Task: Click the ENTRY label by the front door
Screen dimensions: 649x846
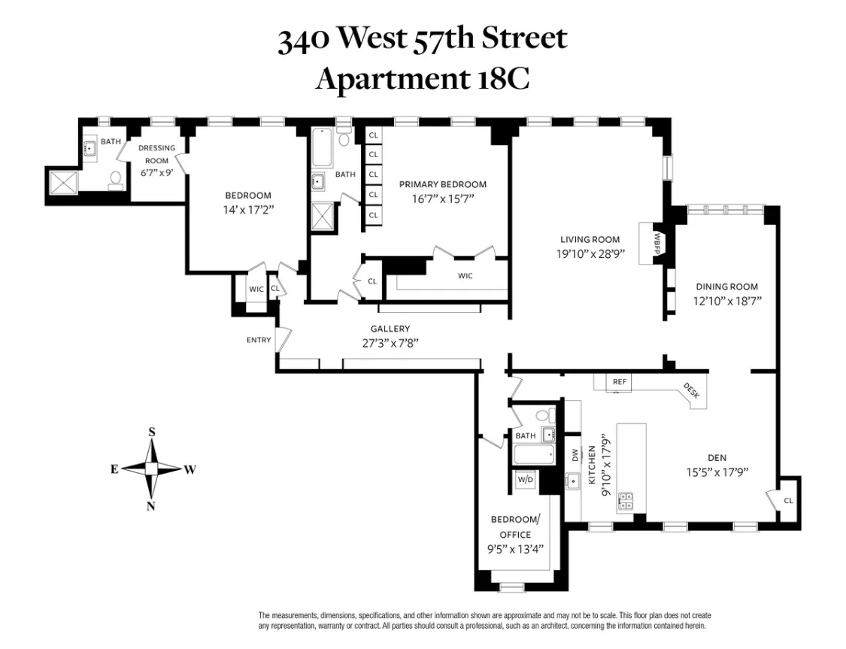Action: pyautogui.click(x=258, y=340)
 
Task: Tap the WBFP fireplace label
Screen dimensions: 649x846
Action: pyautogui.click(x=656, y=243)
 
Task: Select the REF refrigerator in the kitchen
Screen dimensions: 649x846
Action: pyautogui.click(x=619, y=382)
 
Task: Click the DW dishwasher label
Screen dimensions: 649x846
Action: pyautogui.click(x=575, y=454)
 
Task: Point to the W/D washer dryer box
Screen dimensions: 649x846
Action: pyautogui.click(x=526, y=479)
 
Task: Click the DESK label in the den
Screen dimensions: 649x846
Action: pyautogui.click(x=691, y=390)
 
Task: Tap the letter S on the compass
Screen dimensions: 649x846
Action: pyautogui.click(x=152, y=432)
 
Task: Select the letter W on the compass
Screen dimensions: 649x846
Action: pyautogui.click(x=190, y=469)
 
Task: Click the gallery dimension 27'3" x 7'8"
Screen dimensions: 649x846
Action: pyautogui.click(x=390, y=342)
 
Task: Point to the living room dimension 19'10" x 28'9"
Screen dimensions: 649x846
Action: pyautogui.click(x=590, y=254)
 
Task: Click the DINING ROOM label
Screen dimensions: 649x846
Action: pyautogui.click(x=726, y=287)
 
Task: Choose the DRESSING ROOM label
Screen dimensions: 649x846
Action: pyautogui.click(x=156, y=154)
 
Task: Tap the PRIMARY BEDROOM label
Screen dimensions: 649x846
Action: pyautogui.click(x=442, y=184)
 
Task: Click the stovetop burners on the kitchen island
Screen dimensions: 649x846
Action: pyautogui.click(x=626, y=502)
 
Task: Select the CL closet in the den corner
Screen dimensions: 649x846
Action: pyautogui.click(x=787, y=500)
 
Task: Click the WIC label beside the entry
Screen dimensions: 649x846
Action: pyautogui.click(x=256, y=289)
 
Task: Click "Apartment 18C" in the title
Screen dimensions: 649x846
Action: pyautogui.click(x=422, y=77)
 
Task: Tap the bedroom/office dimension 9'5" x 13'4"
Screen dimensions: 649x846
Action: pyautogui.click(x=515, y=549)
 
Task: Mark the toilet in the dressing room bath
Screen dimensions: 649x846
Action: pyautogui.click(x=116, y=180)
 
